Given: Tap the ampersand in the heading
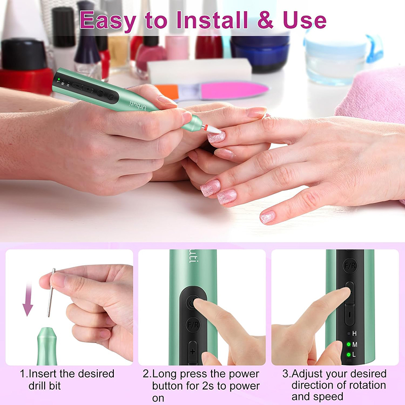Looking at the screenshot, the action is [265, 20].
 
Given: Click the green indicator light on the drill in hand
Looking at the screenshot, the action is [59, 79].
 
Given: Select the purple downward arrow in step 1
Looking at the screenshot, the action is [28, 299].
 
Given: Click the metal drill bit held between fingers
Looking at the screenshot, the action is [51, 293].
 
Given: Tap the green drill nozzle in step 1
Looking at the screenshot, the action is [47, 346].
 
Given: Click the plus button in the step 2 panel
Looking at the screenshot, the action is [193, 352].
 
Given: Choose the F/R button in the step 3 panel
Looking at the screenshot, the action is [350, 265].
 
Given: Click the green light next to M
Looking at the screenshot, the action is [348, 344].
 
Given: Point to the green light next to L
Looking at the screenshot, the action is [348, 355].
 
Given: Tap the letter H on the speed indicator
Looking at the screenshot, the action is [354, 334].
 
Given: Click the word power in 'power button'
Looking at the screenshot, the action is [244, 374].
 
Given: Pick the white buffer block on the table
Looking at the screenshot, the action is [199, 70].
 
